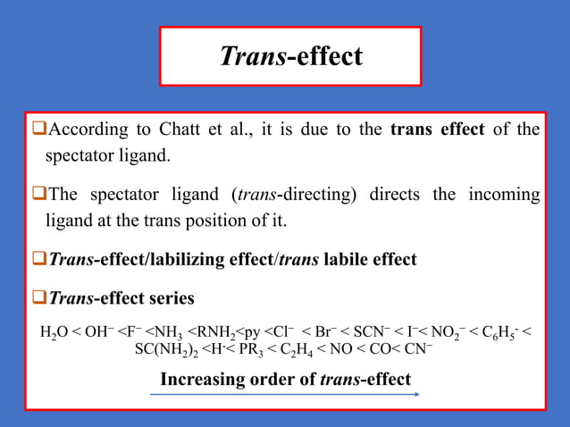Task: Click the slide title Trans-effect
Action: [290, 56]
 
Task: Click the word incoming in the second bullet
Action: [505, 195]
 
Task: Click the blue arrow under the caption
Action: [286, 394]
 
